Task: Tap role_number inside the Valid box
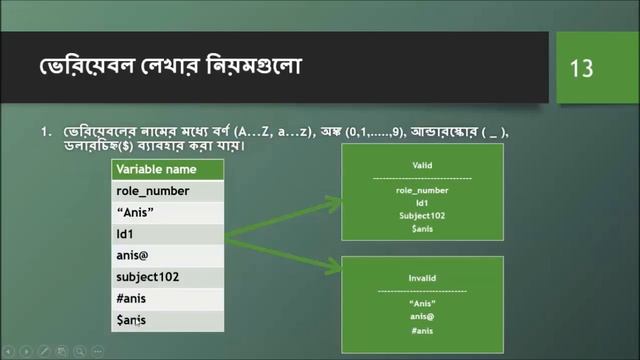[x=421, y=190]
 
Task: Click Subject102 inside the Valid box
[x=421, y=215]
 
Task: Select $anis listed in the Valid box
[x=421, y=228]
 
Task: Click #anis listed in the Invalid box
[x=421, y=331]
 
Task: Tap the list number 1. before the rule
[x=46, y=131]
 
